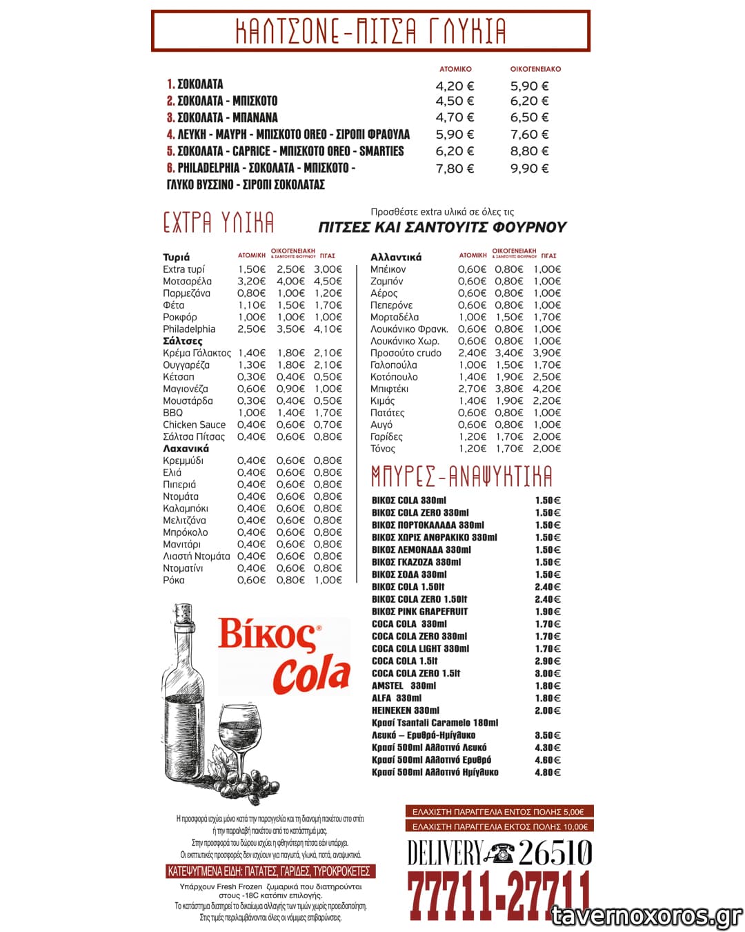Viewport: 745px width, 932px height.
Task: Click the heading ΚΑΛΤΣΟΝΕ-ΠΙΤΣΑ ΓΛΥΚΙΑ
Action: (370, 31)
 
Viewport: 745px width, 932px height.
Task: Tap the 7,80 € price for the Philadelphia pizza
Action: (455, 168)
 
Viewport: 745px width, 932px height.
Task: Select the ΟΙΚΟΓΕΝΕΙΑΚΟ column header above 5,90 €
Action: (535, 69)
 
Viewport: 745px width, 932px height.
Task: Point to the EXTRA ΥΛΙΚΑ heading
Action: (219, 223)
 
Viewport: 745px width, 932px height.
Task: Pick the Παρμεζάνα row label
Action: (186, 293)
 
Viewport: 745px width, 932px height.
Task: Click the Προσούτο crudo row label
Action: (406, 353)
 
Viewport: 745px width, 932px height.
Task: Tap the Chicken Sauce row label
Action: (194, 425)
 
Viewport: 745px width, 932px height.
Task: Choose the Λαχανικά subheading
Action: (186, 449)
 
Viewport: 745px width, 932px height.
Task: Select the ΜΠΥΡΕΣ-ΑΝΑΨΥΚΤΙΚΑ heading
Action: (461, 476)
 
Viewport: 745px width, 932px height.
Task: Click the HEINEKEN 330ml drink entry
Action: (406, 710)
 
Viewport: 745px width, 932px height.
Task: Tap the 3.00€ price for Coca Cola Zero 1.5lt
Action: (548, 673)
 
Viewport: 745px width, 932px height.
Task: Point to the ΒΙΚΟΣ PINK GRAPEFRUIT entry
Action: (419, 612)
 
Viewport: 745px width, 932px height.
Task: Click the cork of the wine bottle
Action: (183, 614)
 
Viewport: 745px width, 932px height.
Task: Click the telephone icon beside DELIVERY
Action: (499, 854)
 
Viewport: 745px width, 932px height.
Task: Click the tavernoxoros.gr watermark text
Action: (647, 915)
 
